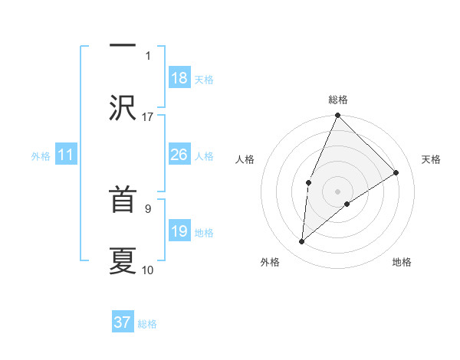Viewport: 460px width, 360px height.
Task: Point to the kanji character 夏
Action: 123,259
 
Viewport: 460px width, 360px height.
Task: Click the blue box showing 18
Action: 179,78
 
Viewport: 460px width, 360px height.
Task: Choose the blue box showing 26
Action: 179,155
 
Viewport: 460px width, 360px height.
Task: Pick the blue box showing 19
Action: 179,231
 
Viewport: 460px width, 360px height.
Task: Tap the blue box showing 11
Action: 66,155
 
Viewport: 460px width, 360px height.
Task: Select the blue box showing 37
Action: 123,322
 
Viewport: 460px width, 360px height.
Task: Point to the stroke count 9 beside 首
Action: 148,208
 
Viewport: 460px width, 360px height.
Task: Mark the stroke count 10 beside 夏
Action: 148,270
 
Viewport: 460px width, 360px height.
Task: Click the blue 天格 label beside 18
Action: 204,79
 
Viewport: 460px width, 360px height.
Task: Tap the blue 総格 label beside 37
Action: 147,323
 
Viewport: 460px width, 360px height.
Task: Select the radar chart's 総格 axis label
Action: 338,100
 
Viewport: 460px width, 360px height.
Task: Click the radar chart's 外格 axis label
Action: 270,262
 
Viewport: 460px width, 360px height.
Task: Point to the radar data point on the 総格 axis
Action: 337,116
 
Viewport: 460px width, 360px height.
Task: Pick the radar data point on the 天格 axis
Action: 396,172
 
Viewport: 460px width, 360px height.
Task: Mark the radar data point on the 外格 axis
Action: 302,241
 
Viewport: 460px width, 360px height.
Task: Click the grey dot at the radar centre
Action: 337,191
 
